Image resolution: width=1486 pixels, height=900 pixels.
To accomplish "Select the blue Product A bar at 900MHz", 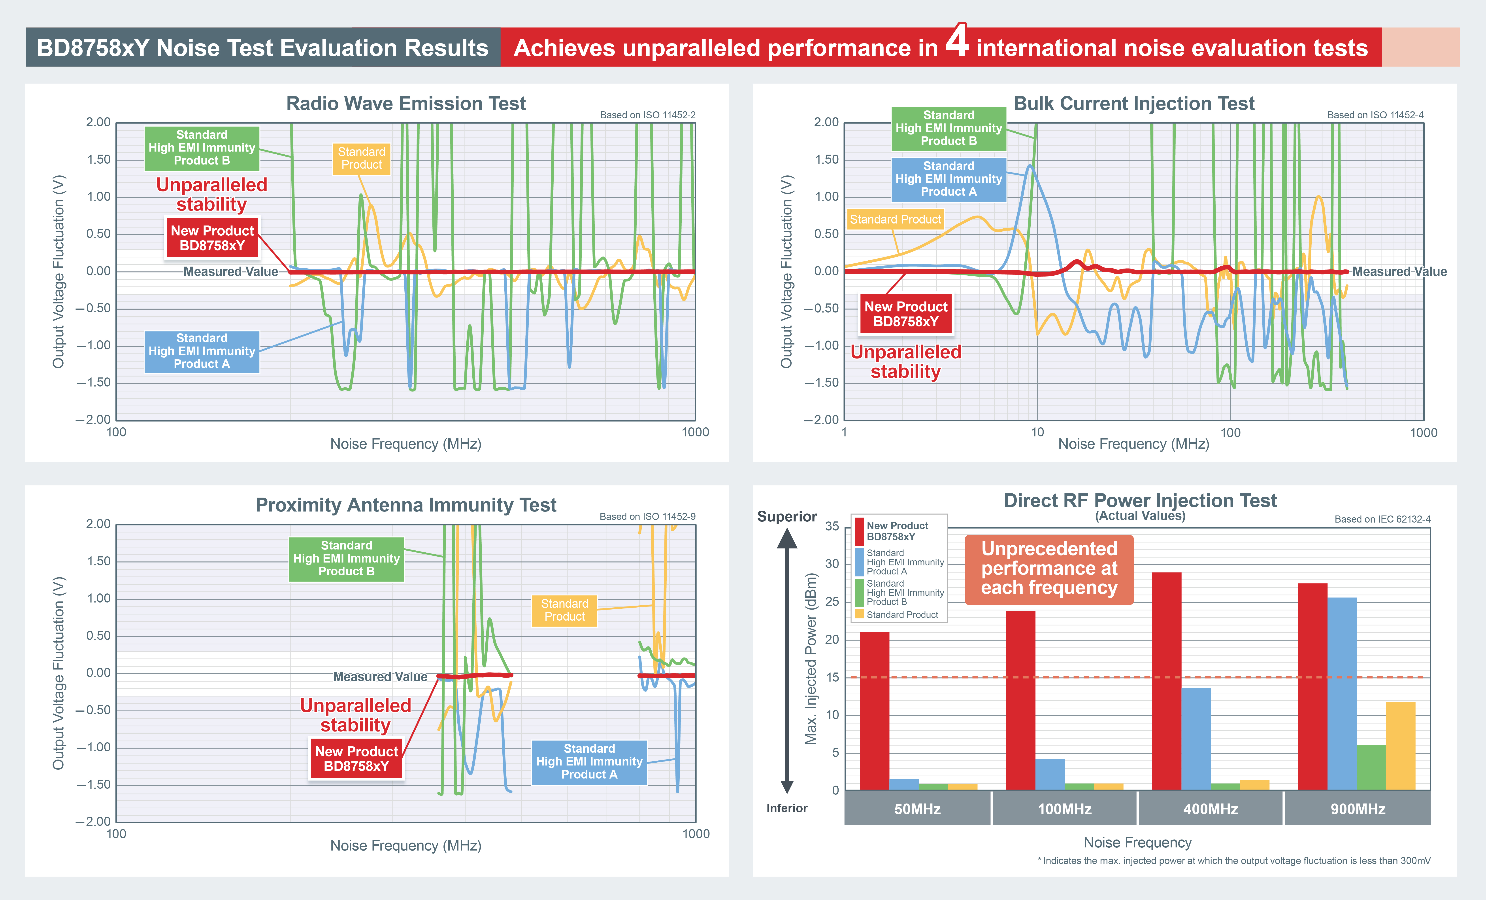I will [1342, 694].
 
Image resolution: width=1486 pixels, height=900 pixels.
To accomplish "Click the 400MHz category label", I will [1210, 809].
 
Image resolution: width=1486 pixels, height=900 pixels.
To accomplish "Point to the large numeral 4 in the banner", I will [957, 41].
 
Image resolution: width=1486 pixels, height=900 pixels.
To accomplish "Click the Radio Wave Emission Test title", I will [406, 104].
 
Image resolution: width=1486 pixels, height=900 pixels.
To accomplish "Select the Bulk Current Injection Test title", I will [1134, 104].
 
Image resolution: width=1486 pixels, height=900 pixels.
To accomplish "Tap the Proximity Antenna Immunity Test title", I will [406, 505].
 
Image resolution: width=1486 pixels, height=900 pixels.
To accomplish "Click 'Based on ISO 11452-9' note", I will [647, 517].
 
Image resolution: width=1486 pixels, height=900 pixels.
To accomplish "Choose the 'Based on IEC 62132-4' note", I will [1382, 519].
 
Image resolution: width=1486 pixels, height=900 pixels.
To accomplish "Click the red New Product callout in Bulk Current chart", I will [906, 314].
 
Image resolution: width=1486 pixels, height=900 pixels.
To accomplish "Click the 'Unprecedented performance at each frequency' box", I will [1049, 568].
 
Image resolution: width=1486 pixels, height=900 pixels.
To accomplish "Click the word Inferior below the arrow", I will [787, 808].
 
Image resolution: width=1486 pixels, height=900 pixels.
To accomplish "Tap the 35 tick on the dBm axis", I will [832, 527].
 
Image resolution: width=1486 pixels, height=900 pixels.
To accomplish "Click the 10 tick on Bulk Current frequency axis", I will [1037, 432].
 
